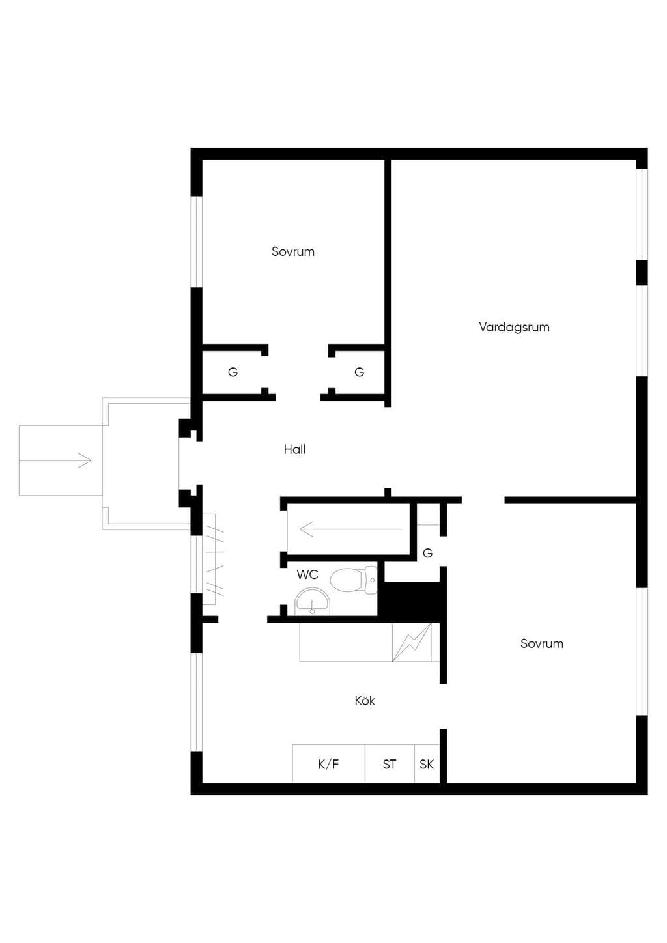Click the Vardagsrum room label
click(x=514, y=327)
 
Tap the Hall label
click(x=295, y=449)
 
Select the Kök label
click(x=365, y=701)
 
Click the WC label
click(x=307, y=574)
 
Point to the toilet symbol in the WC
click(x=354, y=580)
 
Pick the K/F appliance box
click(x=328, y=764)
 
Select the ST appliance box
click(x=390, y=764)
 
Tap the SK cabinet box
click(x=427, y=764)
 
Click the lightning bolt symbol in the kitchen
click(x=412, y=643)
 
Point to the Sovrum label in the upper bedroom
click(x=293, y=252)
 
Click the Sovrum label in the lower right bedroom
click(x=542, y=643)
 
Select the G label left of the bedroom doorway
click(x=233, y=372)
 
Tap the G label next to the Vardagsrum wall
click(x=359, y=372)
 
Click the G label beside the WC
click(x=428, y=553)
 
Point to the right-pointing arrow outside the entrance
click(x=55, y=460)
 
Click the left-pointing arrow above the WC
click(x=351, y=529)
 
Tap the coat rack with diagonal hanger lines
click(x=212, y=559)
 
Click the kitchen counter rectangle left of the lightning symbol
click(x=346, y=642)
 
